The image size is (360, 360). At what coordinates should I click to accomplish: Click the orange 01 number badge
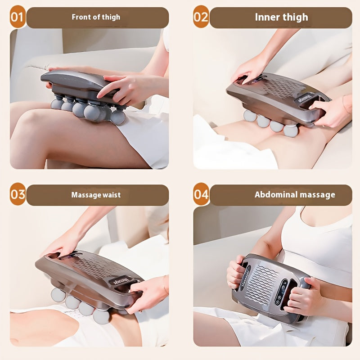(17, 17)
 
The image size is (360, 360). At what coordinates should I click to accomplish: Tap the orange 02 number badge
(201, 17)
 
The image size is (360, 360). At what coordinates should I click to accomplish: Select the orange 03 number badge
(17, 194)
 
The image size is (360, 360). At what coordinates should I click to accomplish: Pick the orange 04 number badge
(201, 194)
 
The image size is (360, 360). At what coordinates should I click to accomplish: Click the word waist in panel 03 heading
(111, 195)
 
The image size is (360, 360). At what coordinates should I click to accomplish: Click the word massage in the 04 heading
(317, 195)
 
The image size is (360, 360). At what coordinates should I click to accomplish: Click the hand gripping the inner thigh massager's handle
(331, 112)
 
